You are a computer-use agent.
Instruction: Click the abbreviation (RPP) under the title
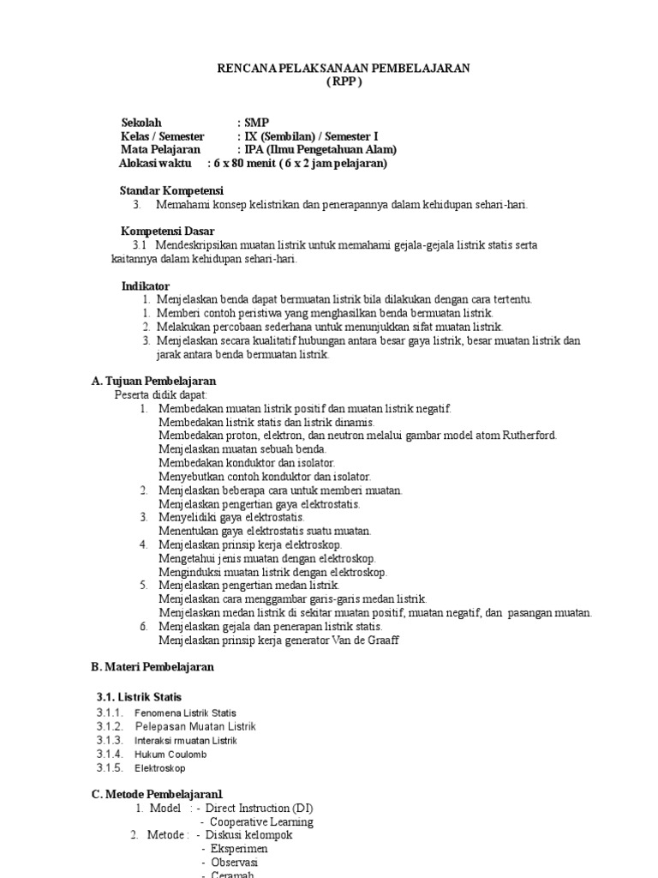[x=344, y=82]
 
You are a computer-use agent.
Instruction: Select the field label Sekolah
[x=141, y=123]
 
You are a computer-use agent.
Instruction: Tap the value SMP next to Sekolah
[x=256, y=123]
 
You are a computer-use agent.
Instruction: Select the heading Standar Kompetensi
[x=171, y=190]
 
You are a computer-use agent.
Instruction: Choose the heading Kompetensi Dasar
[x=168, y=232]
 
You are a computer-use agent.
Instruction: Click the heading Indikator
[x=145, y=286]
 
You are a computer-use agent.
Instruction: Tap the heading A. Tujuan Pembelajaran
[x=153, y=381]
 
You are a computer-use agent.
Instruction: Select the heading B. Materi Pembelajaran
[x=153, y=667]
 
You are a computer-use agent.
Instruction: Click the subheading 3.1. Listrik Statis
[x=139, y=697]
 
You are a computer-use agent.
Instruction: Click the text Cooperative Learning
[x=261, y=822]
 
